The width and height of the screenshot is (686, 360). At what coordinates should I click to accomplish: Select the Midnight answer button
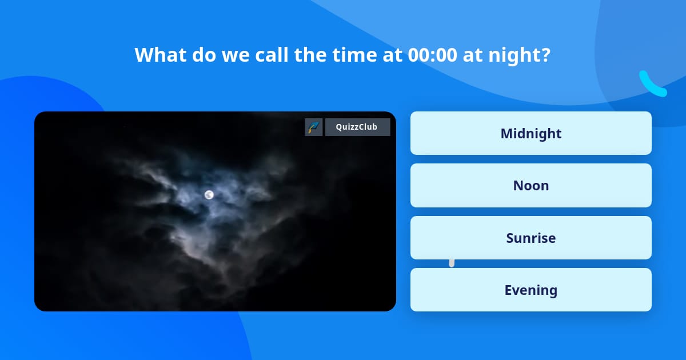531,133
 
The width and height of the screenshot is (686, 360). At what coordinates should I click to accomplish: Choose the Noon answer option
531,185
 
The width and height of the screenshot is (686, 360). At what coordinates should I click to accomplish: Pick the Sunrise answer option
531,238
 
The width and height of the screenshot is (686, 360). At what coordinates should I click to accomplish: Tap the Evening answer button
531,290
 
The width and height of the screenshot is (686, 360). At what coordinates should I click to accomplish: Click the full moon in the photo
209,195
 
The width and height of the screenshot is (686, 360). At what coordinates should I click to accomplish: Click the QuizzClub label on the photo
357,127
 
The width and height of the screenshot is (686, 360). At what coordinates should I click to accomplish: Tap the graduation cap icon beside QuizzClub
313,127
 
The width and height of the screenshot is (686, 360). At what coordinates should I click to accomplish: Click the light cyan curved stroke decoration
652,85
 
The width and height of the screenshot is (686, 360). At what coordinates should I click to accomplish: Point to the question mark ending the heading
546,55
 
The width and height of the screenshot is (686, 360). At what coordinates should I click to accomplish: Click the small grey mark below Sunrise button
452,263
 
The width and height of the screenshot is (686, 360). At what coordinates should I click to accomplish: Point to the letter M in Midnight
506,133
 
